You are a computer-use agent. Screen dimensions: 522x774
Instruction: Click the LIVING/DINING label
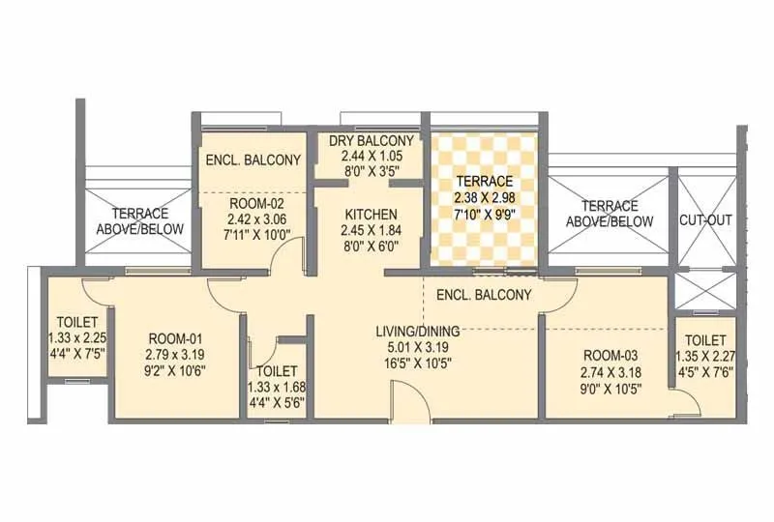[418, 331]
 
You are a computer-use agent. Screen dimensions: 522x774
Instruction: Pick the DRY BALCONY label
[372, 141]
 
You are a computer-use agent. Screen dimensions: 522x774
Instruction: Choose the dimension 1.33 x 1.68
[278, 389]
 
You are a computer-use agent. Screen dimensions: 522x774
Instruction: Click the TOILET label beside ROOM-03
[705, 340]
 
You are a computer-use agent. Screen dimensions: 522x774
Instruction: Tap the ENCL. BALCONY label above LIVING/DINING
[484, 295]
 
